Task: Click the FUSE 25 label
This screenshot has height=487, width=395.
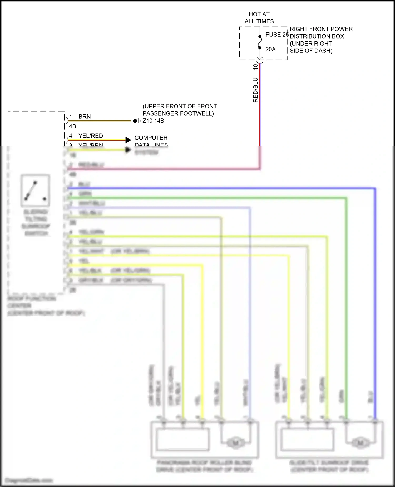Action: pyautogui.click(x=277, y=35)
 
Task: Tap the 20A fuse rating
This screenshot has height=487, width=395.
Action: pyautogui.click(x=270, y=49)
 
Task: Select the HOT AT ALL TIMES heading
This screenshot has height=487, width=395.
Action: pyautogui.click(x=259, y=18)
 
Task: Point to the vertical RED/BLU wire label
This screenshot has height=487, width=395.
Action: pyautogui.click(x=255, y=90)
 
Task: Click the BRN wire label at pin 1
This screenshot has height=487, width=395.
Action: pyautogui.click(x=85, y=117)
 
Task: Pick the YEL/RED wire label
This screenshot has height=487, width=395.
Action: pyautogui.click(x=91, y=136)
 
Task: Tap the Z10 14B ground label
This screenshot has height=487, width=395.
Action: pyautogui.click(x=153, y=121)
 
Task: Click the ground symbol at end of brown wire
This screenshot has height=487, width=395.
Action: pyautogui.click(x=136, y=121)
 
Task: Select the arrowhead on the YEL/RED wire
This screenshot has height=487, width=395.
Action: pyautogui.click(x=128, y=140)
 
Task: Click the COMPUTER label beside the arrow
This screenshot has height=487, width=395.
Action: pyautogui.click(x=151, y=138)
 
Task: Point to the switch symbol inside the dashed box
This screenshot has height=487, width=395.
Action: pyautogui.click(x=35, y=190)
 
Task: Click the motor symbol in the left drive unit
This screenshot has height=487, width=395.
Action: pyautogui.click(x=235, y=442)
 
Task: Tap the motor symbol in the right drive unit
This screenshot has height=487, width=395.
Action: pyautogui.click(x=360, y=442)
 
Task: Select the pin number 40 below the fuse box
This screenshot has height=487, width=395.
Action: pyautogui.click(x=255, y=67)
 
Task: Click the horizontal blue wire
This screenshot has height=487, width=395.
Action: pyautogui.click(x=211, y=188)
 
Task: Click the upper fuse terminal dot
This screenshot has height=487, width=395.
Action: pyautogui.click(x=260, y=37)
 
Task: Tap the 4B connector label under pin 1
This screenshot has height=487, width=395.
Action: pyautogui.click(x=72, y=126)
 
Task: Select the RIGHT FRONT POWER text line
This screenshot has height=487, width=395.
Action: pyautogui.click(x=321, y=29)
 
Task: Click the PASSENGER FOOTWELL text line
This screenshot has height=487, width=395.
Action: pyautogui.click(x=178, y=113)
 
